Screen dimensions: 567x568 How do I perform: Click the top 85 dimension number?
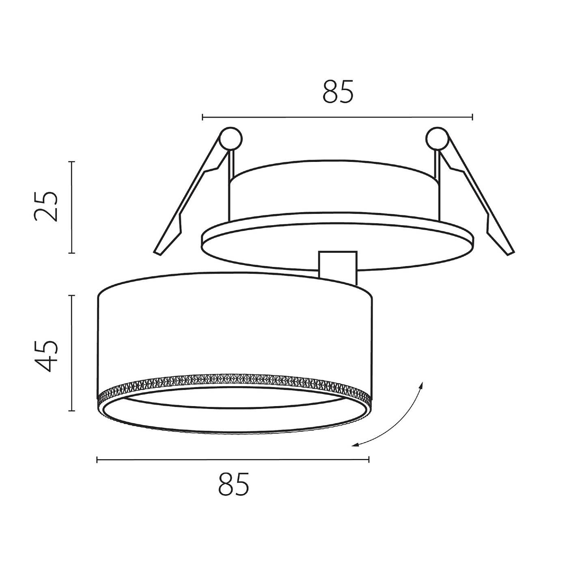(338, 91)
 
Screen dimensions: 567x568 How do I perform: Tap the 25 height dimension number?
(45, 207)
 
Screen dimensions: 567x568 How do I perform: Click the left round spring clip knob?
(231, 138)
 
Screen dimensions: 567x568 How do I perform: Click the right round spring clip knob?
(437, 138)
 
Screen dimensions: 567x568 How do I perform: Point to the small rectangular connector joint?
(338, 268)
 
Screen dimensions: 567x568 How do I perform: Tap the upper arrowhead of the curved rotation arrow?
(421, 385)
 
